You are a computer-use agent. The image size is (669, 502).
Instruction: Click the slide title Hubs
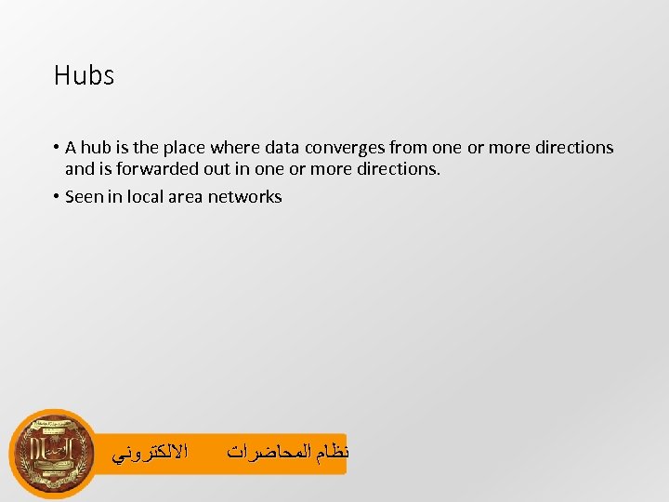[84, 75]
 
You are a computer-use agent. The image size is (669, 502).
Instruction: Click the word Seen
[85, 196]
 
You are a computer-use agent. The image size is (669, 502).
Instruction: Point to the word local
[146, 196]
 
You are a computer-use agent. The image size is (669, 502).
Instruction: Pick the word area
[187, 196]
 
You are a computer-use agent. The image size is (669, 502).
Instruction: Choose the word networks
[244, 196]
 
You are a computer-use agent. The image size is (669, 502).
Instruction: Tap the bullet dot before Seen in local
[57, 196]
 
